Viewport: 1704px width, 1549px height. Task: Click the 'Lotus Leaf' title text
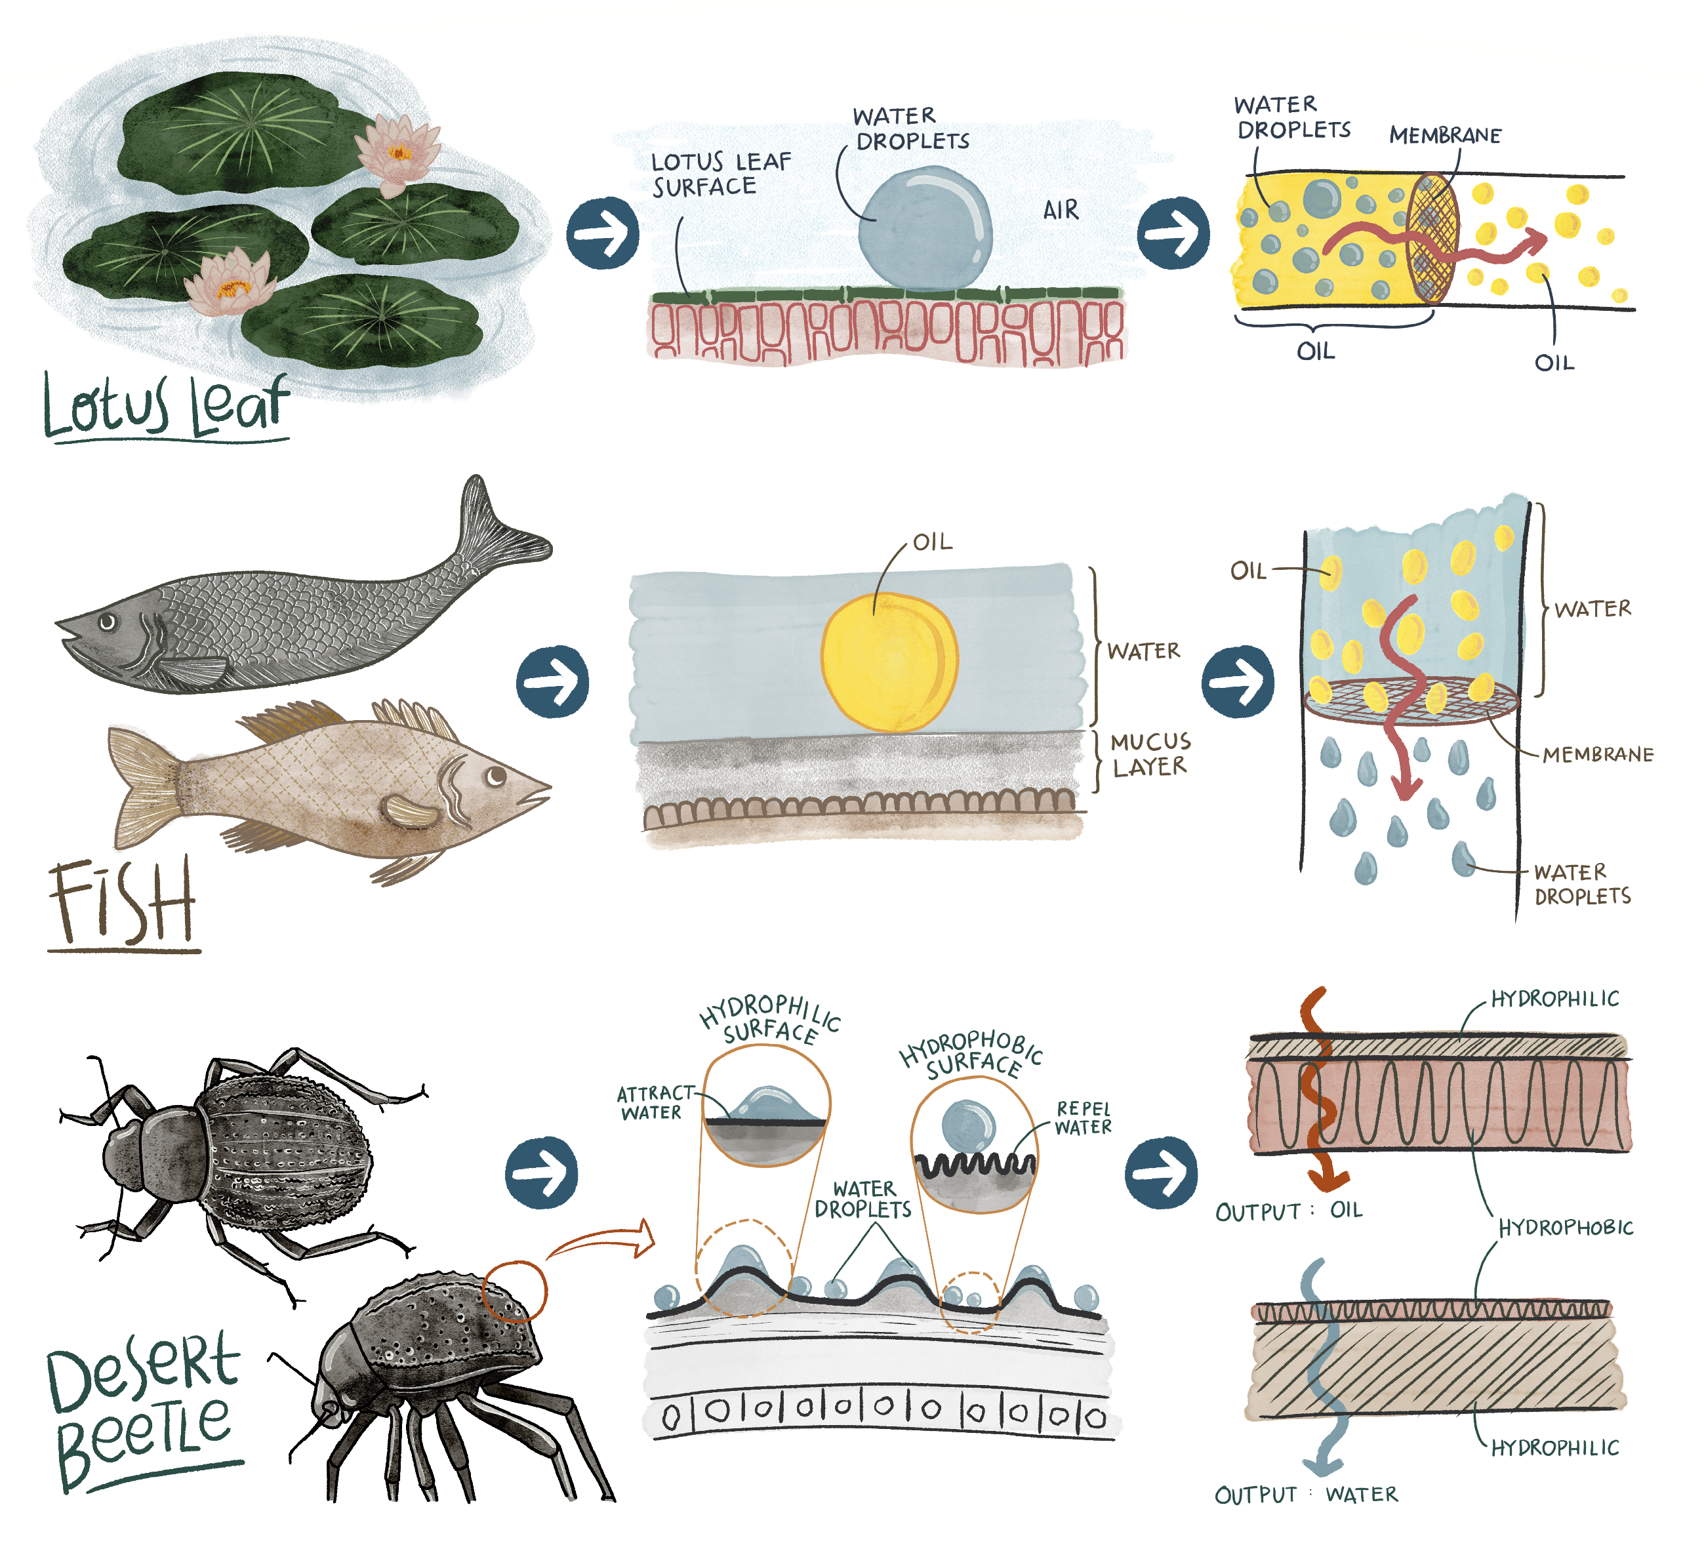[166, 407]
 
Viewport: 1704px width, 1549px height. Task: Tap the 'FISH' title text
[123, 902]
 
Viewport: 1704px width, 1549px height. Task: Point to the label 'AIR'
[1061, 210]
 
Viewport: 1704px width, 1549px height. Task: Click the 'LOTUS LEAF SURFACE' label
[721, 174]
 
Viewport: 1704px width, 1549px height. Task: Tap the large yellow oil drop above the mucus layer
[889, 662]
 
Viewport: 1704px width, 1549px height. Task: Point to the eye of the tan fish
[495, 775]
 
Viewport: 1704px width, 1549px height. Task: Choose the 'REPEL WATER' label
[1084, 1117]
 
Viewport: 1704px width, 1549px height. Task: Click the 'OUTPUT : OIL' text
[1289, 1211]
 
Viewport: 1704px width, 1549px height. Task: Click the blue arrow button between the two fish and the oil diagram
[553, 681]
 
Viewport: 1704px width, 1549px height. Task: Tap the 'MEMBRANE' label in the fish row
[1598, 754]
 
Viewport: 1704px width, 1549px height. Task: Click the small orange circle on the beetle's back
[514, 1291]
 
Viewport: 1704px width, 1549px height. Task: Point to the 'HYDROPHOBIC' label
[1566, 1227]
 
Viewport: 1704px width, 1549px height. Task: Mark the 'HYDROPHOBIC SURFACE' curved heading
[972, 1054]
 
